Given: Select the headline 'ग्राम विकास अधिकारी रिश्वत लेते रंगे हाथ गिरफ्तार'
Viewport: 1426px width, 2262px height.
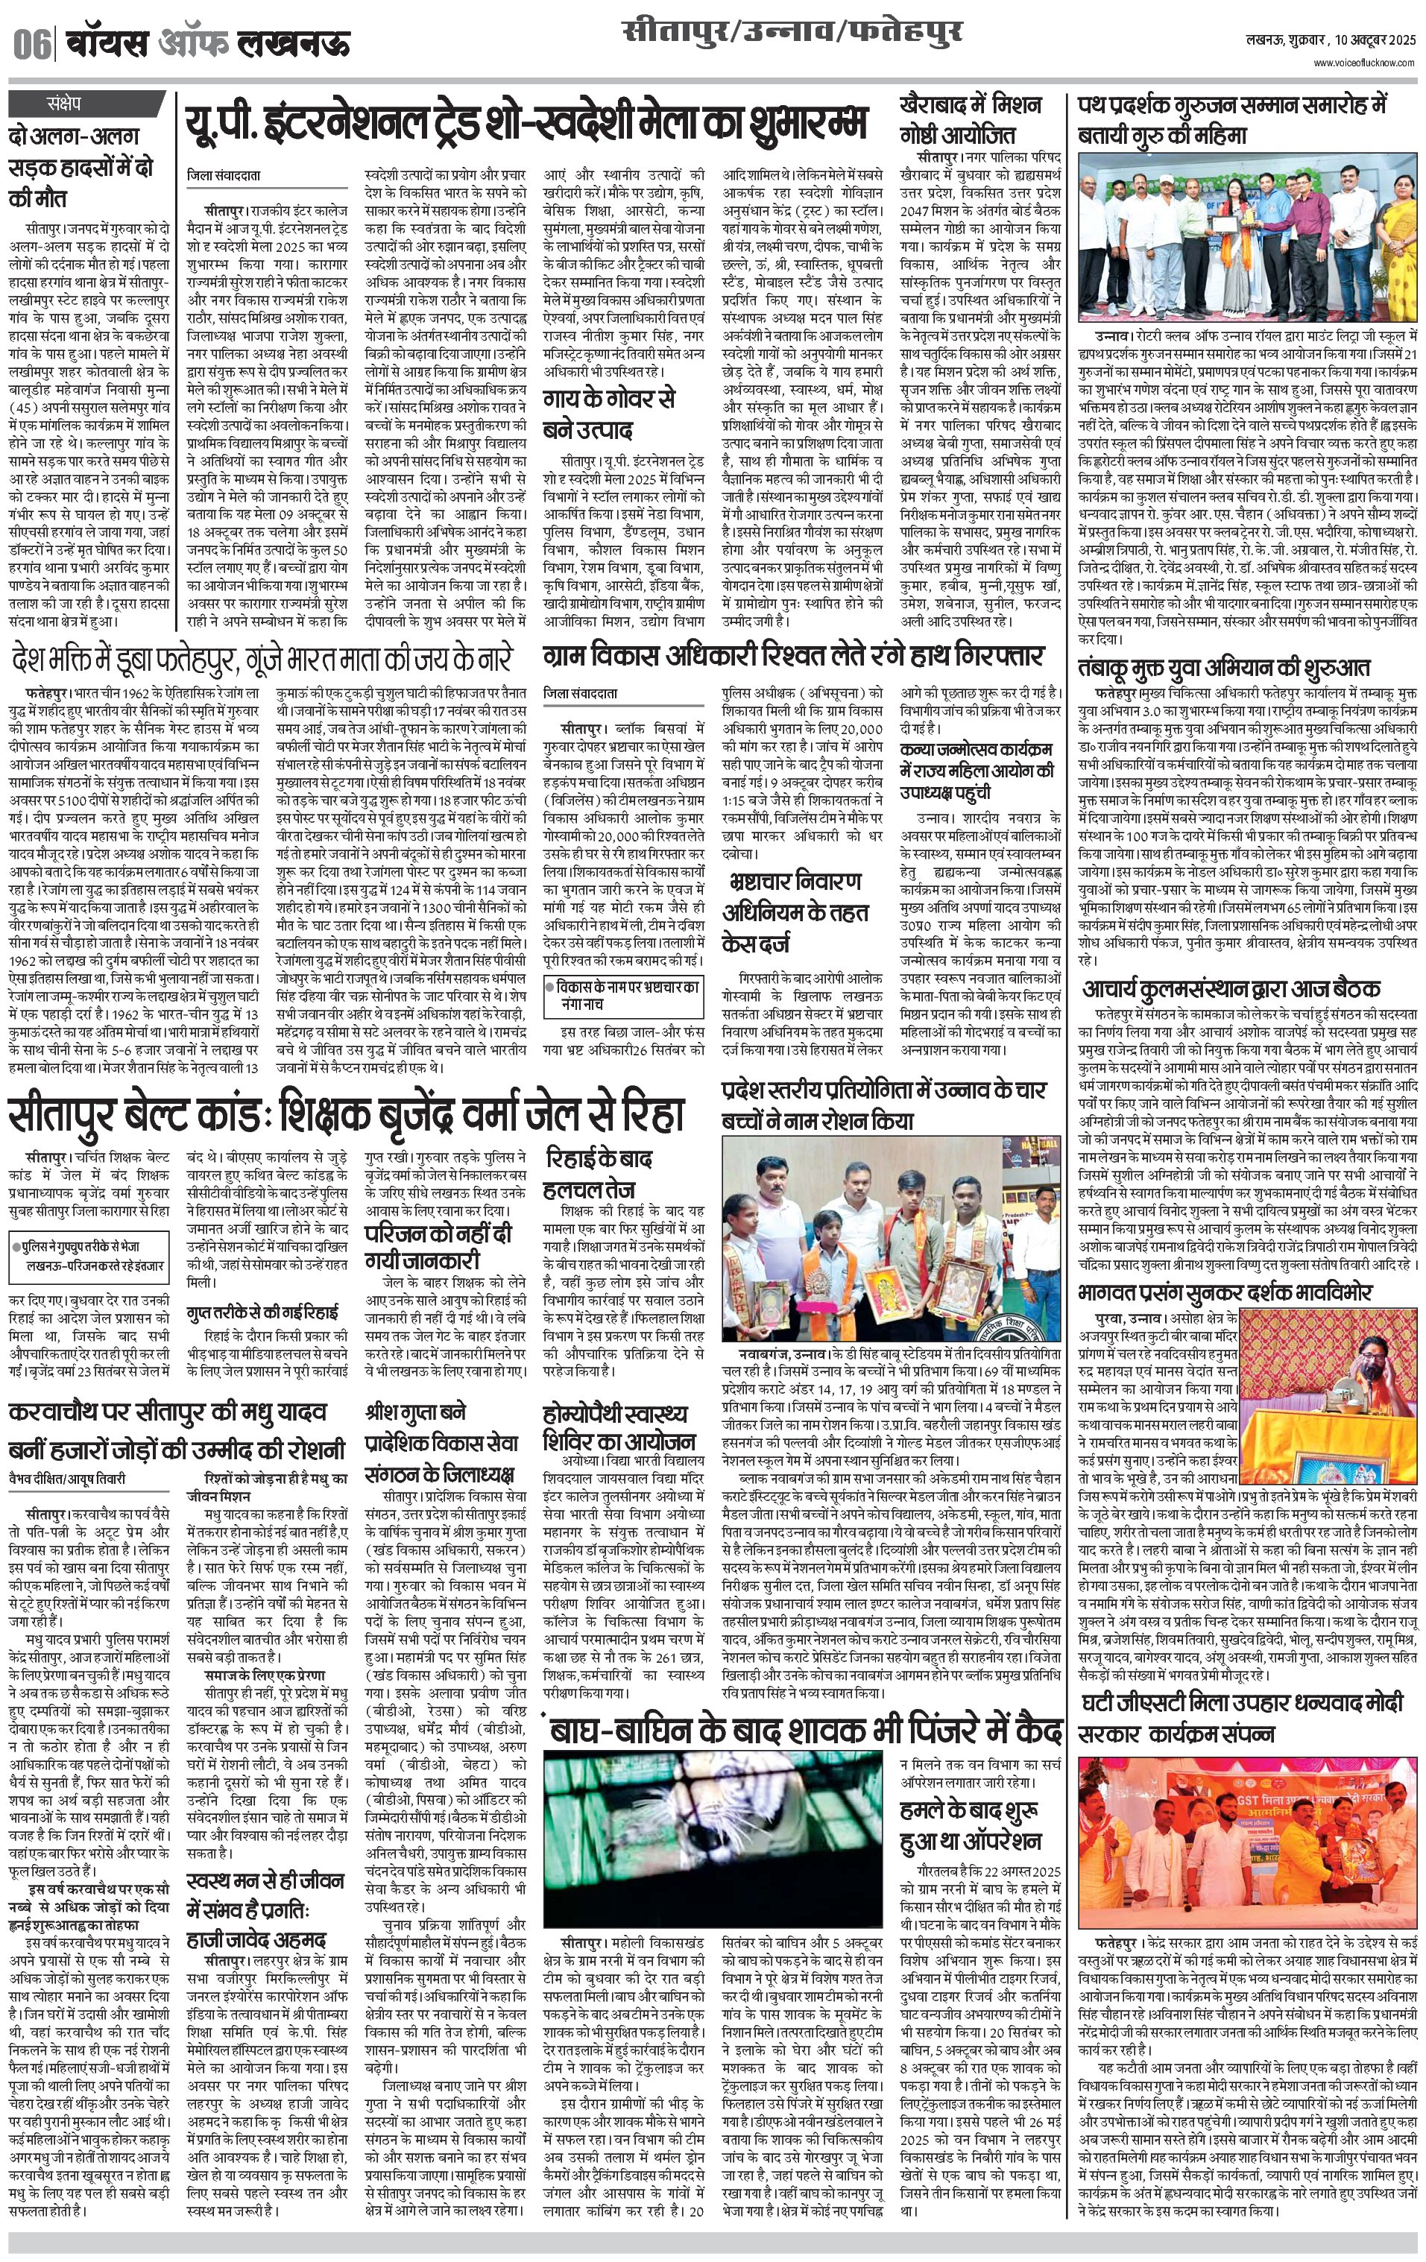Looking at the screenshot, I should coord(794,654).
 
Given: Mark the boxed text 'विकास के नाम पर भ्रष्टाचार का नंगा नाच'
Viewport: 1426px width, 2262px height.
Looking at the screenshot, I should coord(625,993).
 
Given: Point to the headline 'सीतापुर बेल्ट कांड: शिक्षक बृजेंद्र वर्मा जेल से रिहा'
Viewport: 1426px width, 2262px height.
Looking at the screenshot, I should coord(346,1114).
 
